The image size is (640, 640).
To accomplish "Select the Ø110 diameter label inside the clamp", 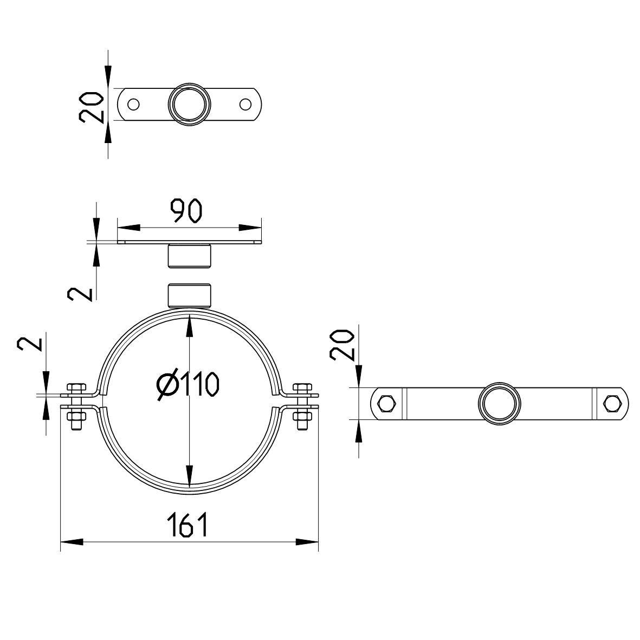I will pyautogui.click(x=188, y=384).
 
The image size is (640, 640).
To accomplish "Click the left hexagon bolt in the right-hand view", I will pyautogui.click(x=387, y=404).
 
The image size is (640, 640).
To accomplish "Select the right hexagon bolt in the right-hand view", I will pyautogui.click(x=612, y=404).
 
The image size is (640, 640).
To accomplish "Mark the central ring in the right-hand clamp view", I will pyautogui.click(x=500, y=404).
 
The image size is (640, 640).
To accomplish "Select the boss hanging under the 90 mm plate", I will pyautogui.click(x=189, y=256).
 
